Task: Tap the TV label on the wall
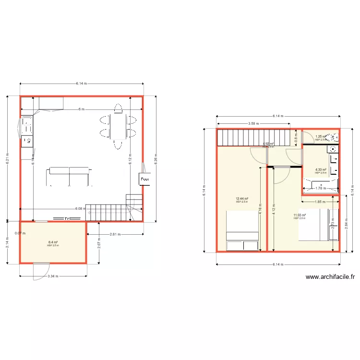coord(68,219)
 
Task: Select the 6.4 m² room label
coord(53,242)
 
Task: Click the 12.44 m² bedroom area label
coord(242,199)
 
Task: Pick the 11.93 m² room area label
coord(300,215)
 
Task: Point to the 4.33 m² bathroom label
coord(321,169)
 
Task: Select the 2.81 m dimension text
coord(115,234)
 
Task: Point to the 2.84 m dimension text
coord(346,224)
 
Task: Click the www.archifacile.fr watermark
coord(330,276)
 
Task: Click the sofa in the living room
coord(69,176)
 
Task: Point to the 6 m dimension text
coord(82,109)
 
